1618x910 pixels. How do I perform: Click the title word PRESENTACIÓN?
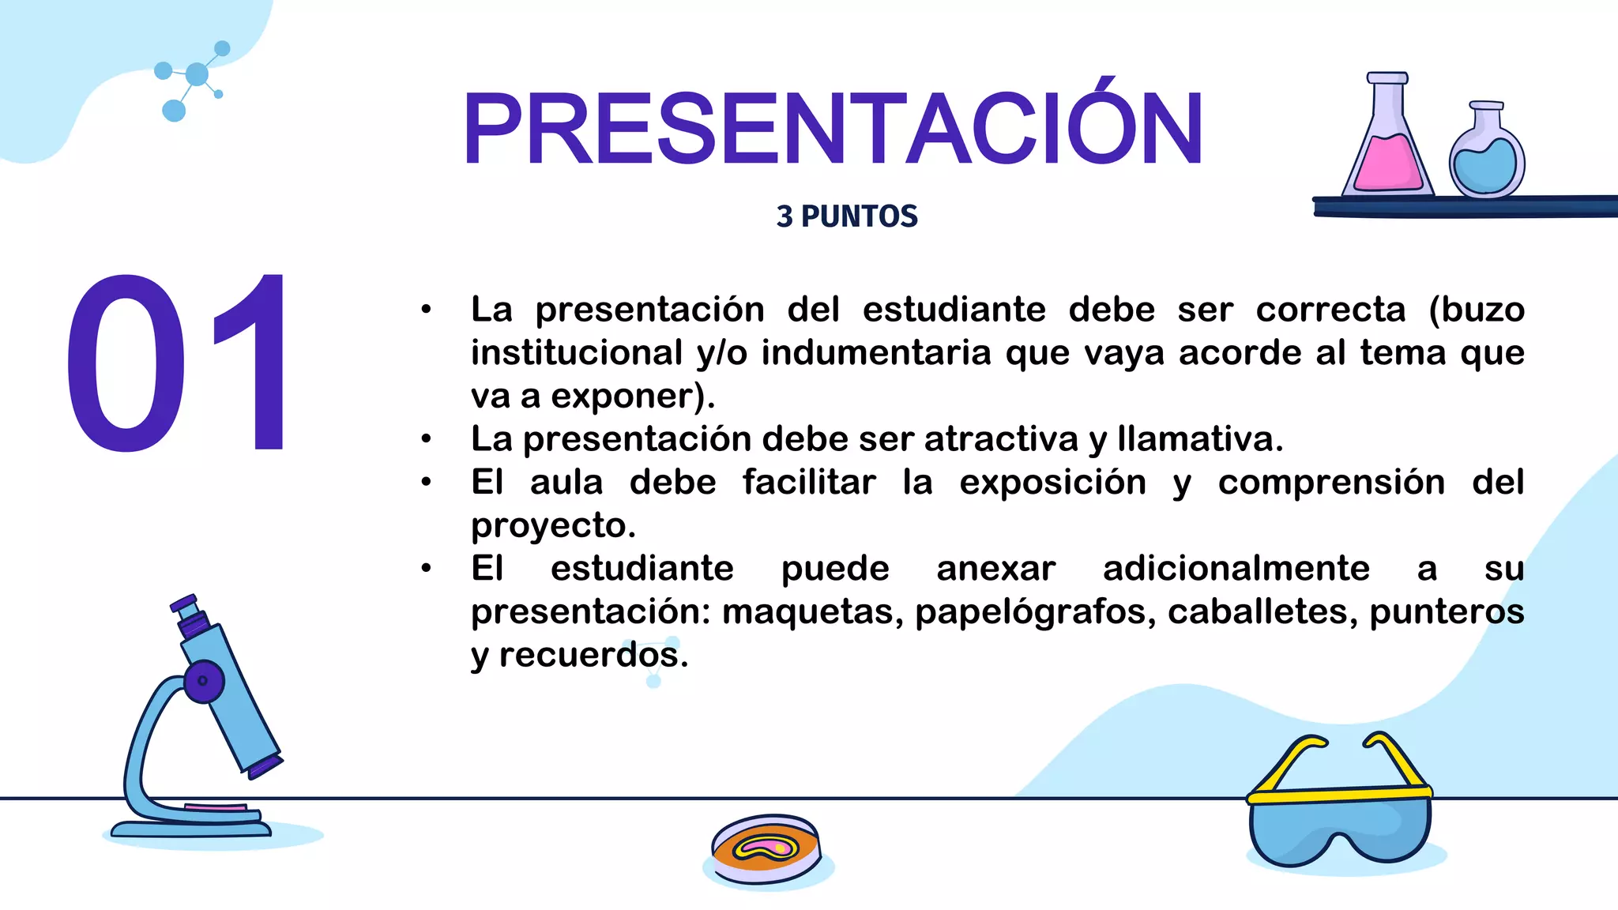coord(833,128)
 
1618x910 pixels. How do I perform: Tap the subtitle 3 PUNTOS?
coord(847,216)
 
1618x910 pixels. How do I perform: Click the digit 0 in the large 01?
coord(126,363)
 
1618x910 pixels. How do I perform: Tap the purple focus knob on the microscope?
coord(204,681)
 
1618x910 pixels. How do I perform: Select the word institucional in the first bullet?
coord(576,352)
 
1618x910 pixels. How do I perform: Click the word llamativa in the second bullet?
coord(1200,439)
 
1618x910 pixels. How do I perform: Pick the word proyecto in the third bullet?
coord(553,526)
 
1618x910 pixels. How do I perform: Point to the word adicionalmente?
coord(1236,569)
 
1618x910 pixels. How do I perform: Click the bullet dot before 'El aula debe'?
coord(427,482)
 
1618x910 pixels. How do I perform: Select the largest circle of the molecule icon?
coord(197,75)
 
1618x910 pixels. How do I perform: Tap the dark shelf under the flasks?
coord(1462,207)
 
